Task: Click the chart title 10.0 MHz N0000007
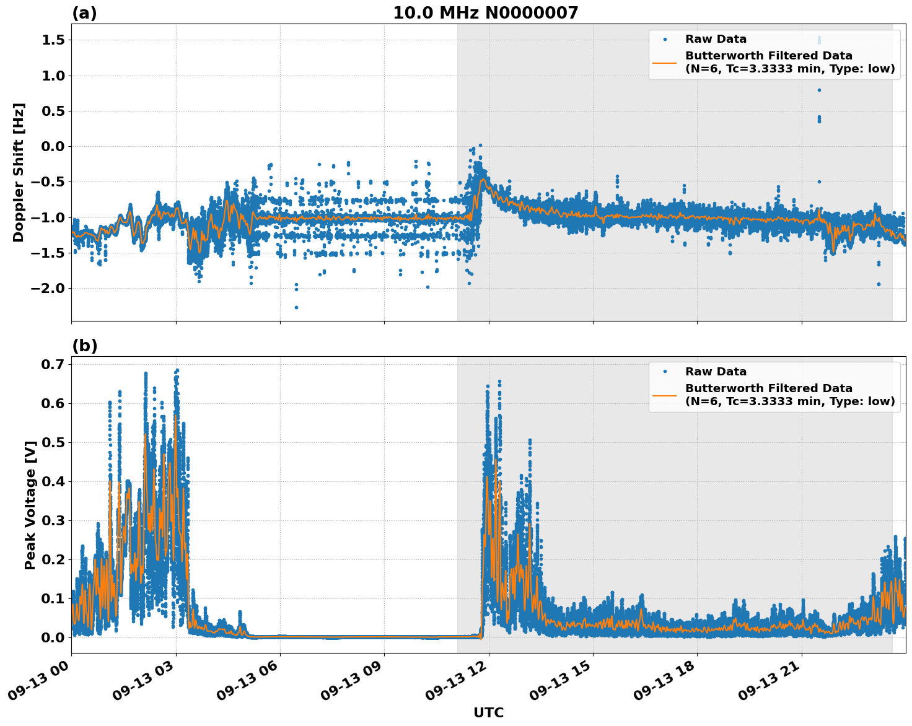coord(485,13)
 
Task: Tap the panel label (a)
coord(84,13)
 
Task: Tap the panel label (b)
coord(84,346)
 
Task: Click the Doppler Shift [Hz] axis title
coord(19,172)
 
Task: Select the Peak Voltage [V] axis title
coord(30,504)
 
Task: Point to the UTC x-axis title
coord(488,713)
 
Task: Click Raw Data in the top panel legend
coord(716,40)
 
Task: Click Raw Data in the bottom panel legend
coord(716,372)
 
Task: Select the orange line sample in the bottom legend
coord(665,395)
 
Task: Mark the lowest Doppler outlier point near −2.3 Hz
coord(296,307)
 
